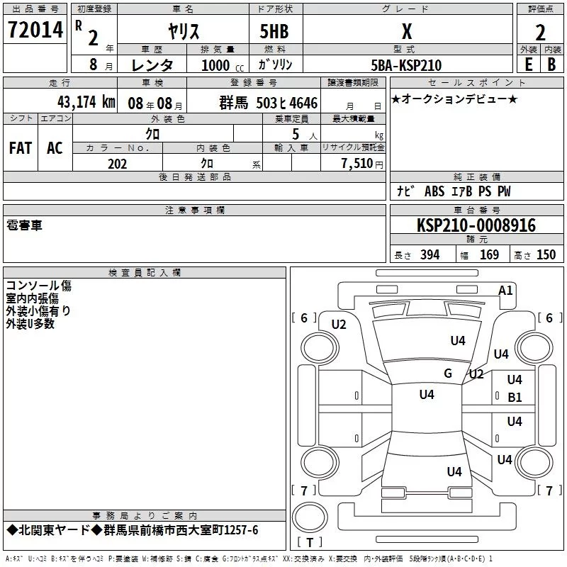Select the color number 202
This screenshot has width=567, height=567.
tap(117, 164)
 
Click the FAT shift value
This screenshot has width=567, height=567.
tap(20, 147)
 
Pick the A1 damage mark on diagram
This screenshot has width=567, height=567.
tap(505, 291)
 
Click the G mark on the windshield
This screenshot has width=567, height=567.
tap(448, 374)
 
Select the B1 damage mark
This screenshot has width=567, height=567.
tap(515, 398)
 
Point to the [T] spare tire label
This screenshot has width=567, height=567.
tap(309, 542)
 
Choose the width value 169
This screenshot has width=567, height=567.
tap(489, 255)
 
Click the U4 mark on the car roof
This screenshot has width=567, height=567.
tap(426, 395)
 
